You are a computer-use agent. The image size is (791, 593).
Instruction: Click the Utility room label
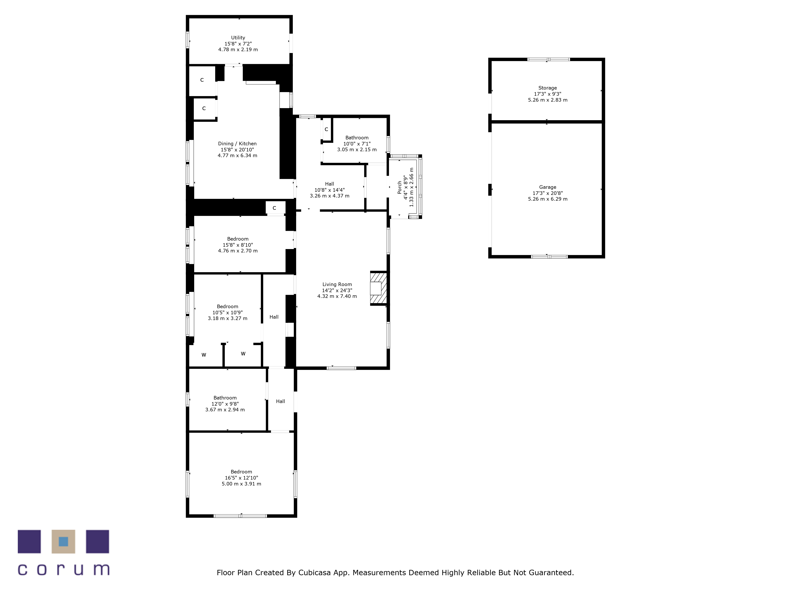[x=238, y=38]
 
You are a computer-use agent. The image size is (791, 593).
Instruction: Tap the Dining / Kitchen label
[x=237, y=144]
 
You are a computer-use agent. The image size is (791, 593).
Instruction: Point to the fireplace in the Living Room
[x=378, y=288]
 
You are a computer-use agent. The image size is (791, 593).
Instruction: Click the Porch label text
[x=399, y=187]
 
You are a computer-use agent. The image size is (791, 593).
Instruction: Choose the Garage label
[x=548, y=187]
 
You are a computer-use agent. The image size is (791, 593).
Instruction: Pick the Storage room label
[x=548, y=88]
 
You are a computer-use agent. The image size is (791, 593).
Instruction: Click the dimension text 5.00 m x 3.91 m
[x=241, y=484]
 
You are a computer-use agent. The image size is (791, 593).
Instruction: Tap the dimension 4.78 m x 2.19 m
[x=238, y=50]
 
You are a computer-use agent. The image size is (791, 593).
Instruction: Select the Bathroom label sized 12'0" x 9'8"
[x=225, y=398]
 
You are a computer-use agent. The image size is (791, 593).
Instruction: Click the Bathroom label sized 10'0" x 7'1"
[x=357, y=138]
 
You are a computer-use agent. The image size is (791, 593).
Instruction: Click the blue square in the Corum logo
[x=63, y=542]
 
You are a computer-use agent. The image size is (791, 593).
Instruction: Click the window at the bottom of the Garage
[x=549, y=257]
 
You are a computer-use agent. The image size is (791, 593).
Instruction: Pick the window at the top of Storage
[x=549, y=59]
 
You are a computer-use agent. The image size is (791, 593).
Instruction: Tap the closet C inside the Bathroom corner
[x=326, y=129]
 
